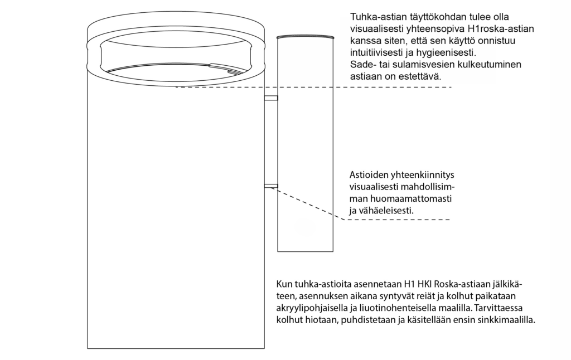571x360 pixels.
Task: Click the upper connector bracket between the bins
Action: pos(271,98)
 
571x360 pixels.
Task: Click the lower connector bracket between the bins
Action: pos(271,186)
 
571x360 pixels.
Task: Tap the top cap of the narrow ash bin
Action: pos(305,37)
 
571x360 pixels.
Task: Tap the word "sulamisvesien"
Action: pos(413,65)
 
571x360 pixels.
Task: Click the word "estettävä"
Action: pos(421,77)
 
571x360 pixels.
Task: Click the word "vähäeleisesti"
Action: pos(388,211)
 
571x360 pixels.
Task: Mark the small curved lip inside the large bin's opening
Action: pos(229,68)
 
